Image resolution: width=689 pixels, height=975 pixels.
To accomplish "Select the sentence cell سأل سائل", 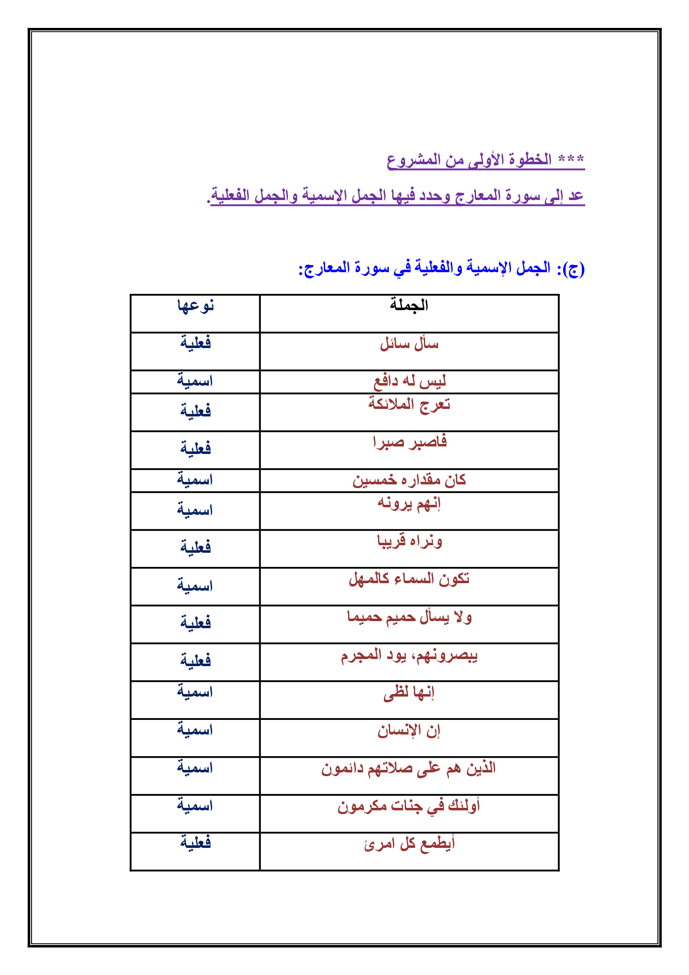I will click(409, 343).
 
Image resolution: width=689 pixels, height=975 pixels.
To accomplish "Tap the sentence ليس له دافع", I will click(409, 381).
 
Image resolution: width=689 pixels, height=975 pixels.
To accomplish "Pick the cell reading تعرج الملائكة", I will click(409, 404).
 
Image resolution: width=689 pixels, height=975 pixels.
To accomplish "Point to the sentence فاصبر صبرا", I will click(409, 441).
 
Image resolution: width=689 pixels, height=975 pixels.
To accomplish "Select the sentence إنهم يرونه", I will click(409, 503).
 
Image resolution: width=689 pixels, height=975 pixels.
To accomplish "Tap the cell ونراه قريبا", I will click(409, 541).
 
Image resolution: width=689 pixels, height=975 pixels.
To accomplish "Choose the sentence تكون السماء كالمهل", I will click(409, 579).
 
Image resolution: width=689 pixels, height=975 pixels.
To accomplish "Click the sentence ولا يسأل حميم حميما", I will click(409, 617).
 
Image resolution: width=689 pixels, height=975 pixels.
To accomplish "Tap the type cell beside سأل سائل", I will click(195, 343).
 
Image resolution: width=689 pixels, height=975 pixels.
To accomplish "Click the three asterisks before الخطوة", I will click(571, 159).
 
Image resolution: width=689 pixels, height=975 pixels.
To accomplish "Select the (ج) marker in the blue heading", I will click(575, 269).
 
